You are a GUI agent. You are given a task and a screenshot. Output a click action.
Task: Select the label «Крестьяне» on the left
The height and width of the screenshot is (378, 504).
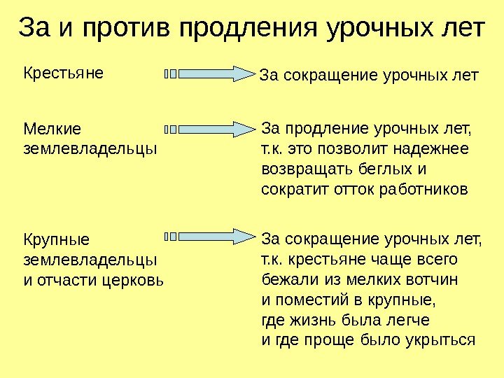(x=64, y=71)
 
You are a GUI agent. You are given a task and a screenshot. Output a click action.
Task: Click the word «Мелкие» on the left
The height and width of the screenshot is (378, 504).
(x=52, y=129)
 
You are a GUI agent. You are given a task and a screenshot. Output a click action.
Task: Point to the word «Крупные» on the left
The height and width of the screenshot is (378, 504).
(x=57, y=240)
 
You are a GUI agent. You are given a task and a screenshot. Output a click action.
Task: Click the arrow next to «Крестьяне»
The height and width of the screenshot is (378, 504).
(x=210, y=73)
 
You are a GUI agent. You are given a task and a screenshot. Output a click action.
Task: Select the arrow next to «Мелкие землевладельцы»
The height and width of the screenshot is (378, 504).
(x=210, y=129)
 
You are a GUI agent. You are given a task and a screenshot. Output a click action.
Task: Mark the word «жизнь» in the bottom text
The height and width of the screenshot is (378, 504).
(x=311, y=321)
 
